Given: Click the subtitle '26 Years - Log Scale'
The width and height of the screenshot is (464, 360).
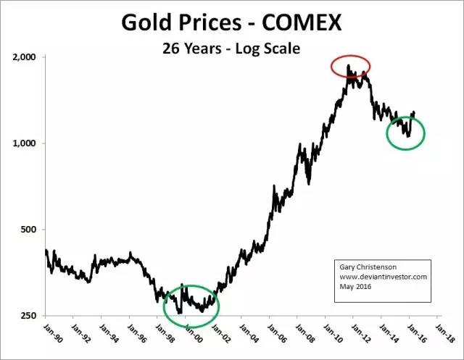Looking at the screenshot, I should point(231,49).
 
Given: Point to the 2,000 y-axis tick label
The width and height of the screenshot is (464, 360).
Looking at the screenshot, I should point(27,56).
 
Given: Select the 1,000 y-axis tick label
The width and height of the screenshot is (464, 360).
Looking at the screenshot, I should point(27,143).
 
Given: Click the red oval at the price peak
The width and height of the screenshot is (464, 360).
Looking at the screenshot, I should point(351,67).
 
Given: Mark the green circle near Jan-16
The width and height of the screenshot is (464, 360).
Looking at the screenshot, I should point(405,133).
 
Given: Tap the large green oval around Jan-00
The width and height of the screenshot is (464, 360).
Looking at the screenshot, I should point(191,306).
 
